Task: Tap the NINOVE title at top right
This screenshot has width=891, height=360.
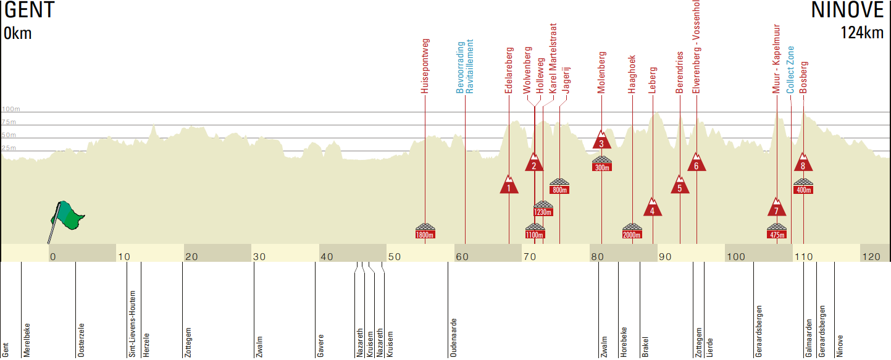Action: tap(848, 11)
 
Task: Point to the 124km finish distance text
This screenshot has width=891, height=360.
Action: tap(862, 33)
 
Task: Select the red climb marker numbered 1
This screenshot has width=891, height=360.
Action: tap(509, 185)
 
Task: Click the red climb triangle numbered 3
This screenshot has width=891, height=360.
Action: tap(601, 140)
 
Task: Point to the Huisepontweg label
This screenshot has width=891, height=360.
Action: tap(425, 66)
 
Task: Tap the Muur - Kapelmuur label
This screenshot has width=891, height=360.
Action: tap(777, 59)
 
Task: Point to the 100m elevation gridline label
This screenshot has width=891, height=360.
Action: tap(10, 109)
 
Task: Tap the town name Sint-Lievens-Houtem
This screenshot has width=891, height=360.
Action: tap(132, 324)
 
